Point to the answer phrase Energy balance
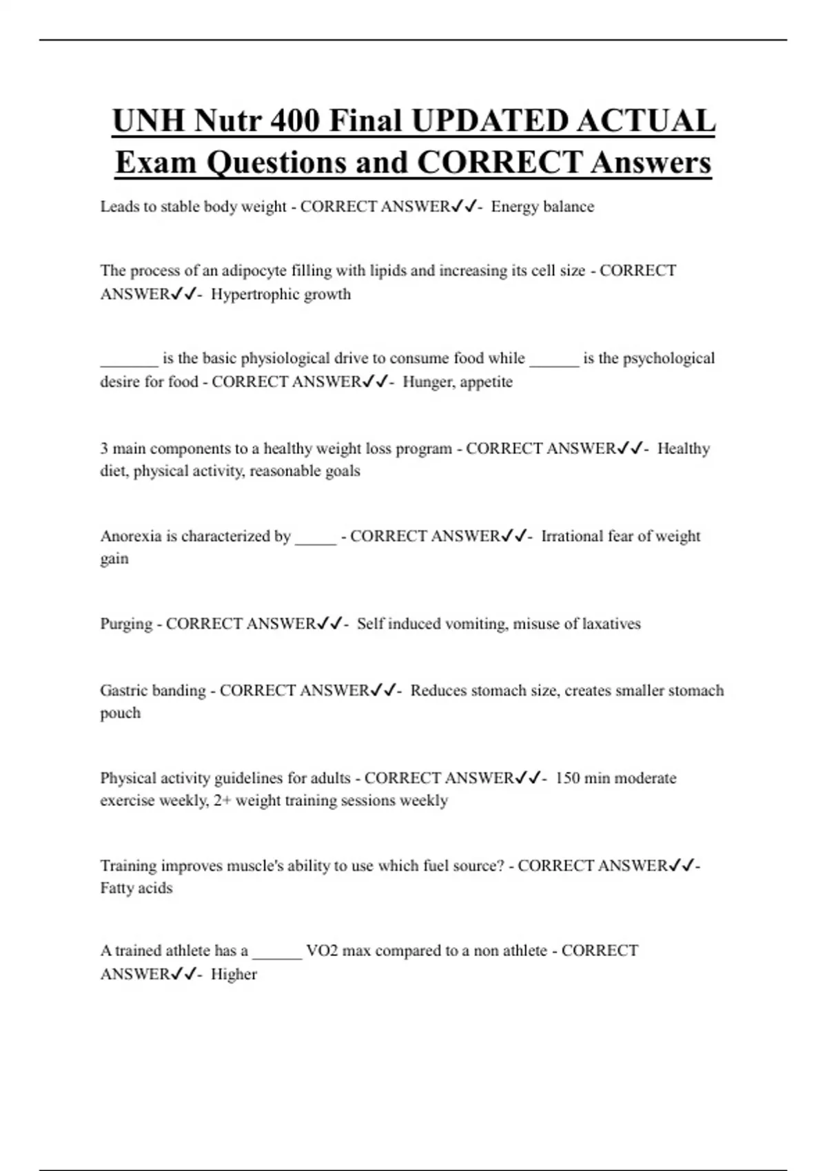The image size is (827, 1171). point(542,207)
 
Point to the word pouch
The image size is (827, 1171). point(120,713)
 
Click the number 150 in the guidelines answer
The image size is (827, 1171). point(567,778)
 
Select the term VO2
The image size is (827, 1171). point(322,951)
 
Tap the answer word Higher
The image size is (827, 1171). point(234,974)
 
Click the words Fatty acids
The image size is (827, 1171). point(136,888)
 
